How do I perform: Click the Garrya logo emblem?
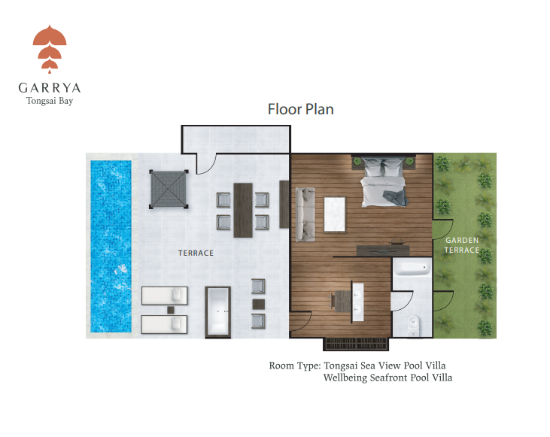[x=50, y=49]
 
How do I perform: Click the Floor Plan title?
[x=301, y=109]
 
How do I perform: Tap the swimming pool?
[x=111, y=246]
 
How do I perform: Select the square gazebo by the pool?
[x=169, y=189]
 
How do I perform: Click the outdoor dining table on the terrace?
[x=243, y=210]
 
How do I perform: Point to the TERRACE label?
[x=196, y=253]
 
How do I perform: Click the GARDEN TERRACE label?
[x=462, y=245]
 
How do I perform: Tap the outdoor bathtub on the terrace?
[x=218, y=312]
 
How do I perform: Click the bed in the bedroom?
[x=384, y=182]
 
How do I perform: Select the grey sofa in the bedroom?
[x=305, y=214]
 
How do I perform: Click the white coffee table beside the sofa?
[x=335, y=214]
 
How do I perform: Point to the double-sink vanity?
[x=357, y=302]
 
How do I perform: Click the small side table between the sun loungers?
[x=171, y=310]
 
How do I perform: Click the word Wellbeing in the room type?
[x=345, y=378]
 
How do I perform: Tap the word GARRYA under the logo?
[x=50, y=88]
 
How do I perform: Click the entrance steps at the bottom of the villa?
[x=356, y=344]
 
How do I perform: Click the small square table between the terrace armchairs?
[x=259, y=304]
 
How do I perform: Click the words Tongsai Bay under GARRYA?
[x=50, y=101]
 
